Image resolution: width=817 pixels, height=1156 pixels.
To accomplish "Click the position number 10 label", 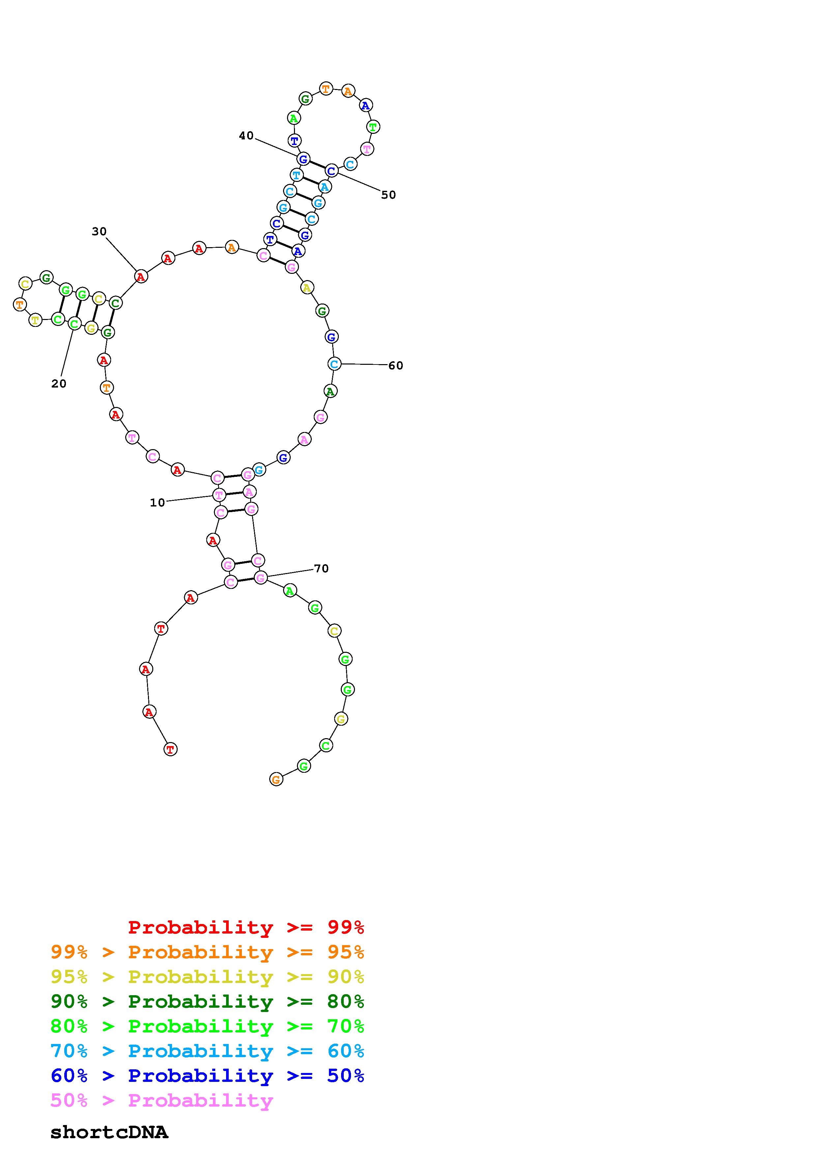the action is click(157, 503).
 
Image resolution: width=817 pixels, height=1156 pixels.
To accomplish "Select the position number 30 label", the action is click(99, 232).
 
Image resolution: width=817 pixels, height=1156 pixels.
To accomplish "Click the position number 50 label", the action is click(388, 195).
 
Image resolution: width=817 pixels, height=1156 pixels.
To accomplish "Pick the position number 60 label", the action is click(396, 365).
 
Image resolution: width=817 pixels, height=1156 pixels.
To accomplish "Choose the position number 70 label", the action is click(321, 568).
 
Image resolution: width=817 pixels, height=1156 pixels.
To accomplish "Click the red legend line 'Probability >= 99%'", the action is click(246, 927).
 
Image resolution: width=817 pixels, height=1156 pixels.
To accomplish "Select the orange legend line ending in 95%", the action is click(207, 952).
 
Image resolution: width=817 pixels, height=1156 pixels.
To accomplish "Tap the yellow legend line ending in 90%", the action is click(207, 977).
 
